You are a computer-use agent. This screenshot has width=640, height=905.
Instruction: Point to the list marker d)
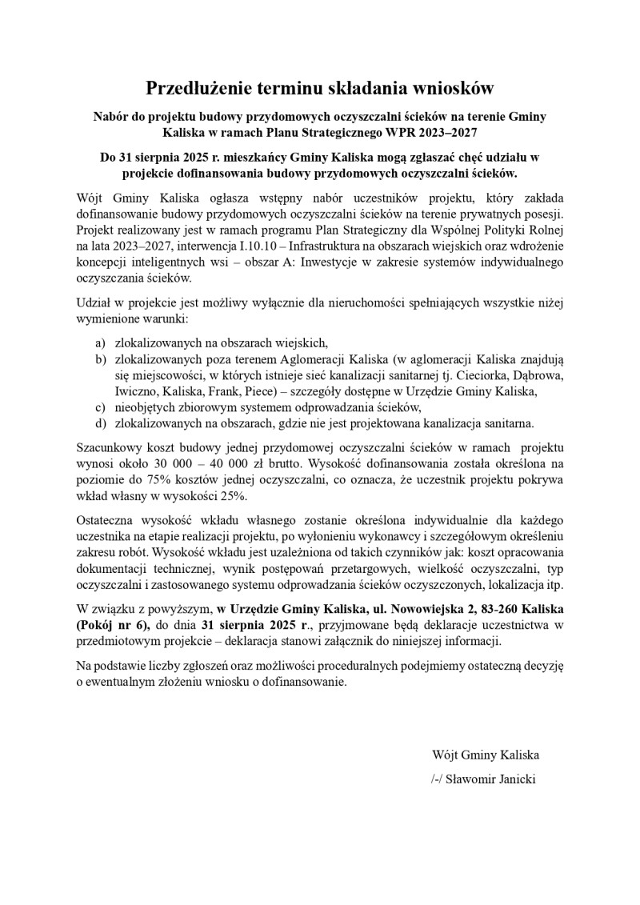pos(100,423)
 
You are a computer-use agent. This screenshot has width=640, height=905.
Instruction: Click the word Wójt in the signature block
pos(445,755)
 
